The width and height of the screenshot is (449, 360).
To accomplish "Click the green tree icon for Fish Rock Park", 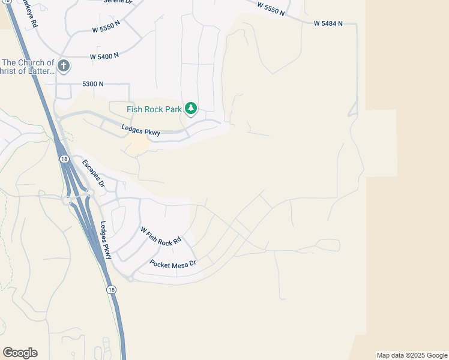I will pos(191,109).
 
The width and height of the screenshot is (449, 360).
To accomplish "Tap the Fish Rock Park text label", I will pos(155,109).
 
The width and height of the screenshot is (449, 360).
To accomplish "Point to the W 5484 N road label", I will pos(328,23).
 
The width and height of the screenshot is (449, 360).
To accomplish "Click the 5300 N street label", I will pos(93,84).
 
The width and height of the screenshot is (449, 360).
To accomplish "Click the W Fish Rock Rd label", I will pos(161,236).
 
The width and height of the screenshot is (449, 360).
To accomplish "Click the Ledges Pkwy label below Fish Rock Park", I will pos(140,130).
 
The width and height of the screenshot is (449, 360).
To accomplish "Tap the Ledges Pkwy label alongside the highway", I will pos(106,241).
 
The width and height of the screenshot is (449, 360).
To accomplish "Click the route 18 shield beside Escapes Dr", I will pos(64,159).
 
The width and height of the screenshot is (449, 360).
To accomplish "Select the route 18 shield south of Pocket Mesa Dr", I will pos(112,289).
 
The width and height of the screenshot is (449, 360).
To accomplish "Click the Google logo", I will pos(20,353).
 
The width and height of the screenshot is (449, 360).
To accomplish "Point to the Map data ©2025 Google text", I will pos(412,355).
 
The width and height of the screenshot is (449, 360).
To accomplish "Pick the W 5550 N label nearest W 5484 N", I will pos(272,8).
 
